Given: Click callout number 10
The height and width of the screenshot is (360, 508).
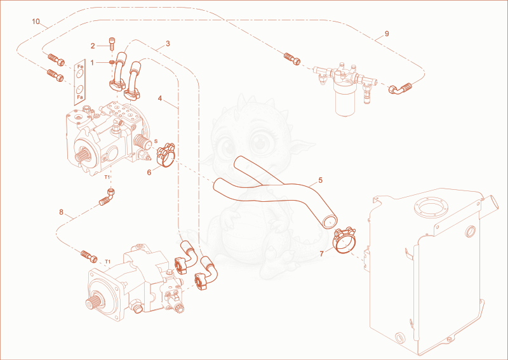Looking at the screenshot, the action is point(36,22).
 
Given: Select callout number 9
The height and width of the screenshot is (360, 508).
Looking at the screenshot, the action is point(387,34).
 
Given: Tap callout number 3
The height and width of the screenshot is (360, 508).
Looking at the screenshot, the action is point(168,43).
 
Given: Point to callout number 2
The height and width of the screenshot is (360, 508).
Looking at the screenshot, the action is point(93,46).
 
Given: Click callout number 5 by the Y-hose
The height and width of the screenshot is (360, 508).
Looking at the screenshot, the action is point(321,180).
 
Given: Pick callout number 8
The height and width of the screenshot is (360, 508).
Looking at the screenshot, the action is point(61,212).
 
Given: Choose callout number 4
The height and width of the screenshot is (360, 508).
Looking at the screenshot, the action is point(160,98).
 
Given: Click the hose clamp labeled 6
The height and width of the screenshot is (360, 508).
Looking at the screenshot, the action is point(166,155).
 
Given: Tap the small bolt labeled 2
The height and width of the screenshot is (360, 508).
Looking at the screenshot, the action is point(112,42).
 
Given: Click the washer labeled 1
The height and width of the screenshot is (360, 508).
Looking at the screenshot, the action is point(112,62).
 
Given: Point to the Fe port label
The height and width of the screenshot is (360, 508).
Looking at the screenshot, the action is point(81,67).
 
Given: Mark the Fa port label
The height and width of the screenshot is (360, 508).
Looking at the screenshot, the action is point(80,97).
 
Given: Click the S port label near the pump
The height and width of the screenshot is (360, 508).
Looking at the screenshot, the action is point(156,141).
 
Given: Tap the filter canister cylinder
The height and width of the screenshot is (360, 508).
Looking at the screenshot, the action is point(345,103).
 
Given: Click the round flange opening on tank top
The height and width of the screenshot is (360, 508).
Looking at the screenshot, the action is point(431,209).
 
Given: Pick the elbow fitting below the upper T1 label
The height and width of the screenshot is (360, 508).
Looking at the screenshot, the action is point(107,197).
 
